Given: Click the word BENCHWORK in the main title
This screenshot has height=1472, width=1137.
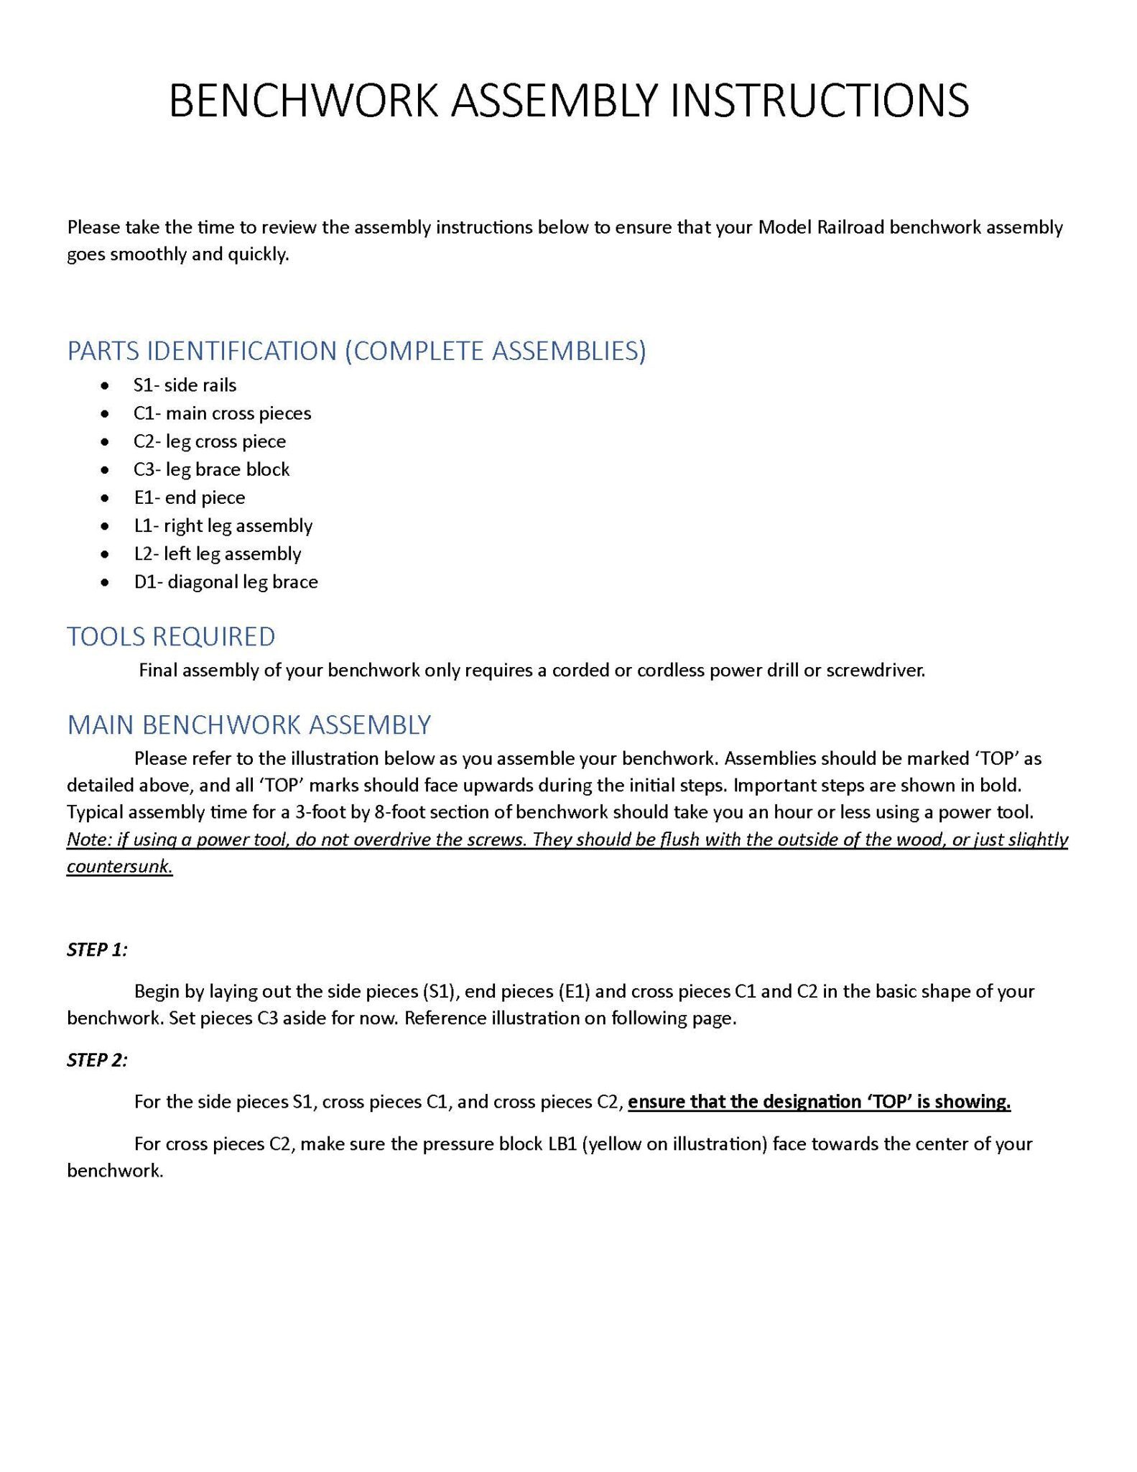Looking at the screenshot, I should [x=302, y=101].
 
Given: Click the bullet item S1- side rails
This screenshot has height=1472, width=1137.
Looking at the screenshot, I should [x=185, y=385].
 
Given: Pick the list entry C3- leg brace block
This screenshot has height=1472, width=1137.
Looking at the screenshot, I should [x=211, y=469].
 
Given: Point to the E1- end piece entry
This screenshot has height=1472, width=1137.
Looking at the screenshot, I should [x=189, y=497].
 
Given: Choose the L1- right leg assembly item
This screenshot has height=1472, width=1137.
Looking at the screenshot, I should [x=223, y=525].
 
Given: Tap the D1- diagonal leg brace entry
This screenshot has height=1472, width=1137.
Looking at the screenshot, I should [x=226, y=581].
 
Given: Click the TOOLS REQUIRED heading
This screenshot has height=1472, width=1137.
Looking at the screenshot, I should [x=171, y=637].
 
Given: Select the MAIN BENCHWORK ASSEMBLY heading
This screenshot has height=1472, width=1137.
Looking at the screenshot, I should [x=249, y=724].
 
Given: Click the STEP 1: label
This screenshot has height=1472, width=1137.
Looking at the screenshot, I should [x=97, y=949].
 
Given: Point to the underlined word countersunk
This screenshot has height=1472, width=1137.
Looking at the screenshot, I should [x=119, y=867].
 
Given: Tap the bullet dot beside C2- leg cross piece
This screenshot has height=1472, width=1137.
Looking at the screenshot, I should [x=106, y=442].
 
